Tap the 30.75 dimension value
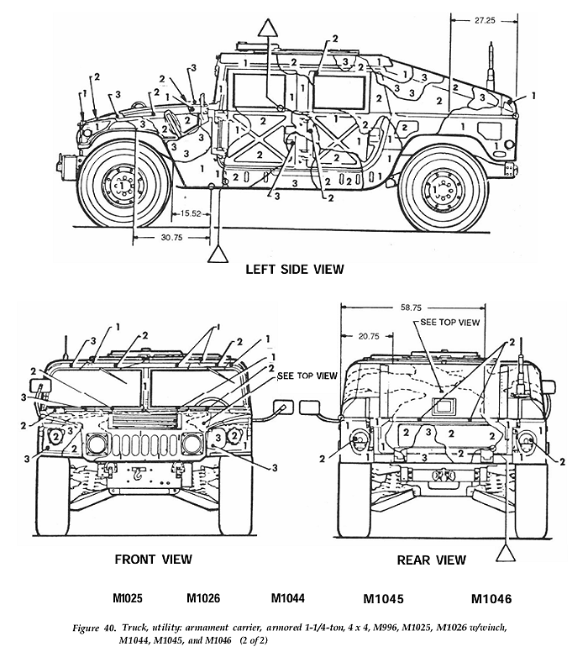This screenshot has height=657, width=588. (x=172, y=237)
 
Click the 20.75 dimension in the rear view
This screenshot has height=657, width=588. (x=366, y=336)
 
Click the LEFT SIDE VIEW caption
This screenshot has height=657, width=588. (x=294, y=270)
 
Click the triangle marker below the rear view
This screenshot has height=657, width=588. (x=506, y=551)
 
